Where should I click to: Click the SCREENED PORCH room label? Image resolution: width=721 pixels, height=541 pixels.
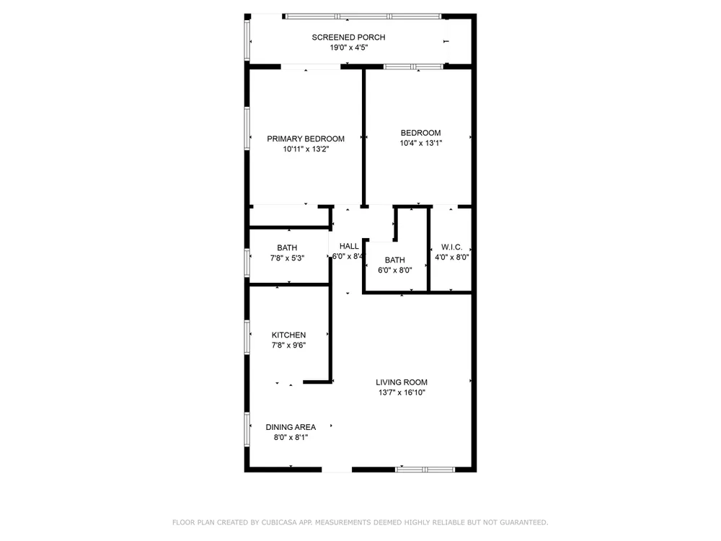click(348, 38)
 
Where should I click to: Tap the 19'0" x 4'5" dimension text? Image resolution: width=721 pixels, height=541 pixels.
click(348, 48)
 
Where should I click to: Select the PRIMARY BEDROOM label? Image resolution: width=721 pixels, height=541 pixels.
click(306, 139)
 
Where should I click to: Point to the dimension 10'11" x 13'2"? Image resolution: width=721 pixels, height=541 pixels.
click(306, 149)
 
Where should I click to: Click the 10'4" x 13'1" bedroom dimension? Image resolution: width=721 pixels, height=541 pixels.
click(421, 143)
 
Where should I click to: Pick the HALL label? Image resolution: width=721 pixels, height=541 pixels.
click(349, 246)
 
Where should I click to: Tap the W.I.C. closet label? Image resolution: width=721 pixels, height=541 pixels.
click(451, 247)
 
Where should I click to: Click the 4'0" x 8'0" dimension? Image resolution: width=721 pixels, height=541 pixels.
click(451, 258)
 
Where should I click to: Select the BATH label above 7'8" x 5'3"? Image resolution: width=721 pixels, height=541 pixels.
click(287, 248)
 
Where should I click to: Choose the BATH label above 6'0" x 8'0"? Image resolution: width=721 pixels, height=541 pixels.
click(395, 260)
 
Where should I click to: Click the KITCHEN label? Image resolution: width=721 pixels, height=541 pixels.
click(289, 335)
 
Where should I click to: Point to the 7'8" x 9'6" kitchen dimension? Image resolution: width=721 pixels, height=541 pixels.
click(289, 345)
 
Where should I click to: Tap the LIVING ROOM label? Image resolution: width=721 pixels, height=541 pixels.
click(402, 382)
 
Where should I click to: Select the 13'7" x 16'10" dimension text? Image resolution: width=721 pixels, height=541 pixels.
click(402, 392)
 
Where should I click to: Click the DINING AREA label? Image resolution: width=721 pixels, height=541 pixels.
click(291, 427)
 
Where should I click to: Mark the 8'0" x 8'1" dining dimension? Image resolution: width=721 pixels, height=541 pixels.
click(291, 438)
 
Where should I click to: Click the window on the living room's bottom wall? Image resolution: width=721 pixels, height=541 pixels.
click(425, 470)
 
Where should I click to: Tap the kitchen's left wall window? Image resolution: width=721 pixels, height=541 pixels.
click(247, 337)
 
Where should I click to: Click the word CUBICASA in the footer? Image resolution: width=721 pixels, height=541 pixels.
click(279, 522)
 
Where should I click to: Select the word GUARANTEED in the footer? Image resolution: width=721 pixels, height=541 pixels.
click(523, 522)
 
